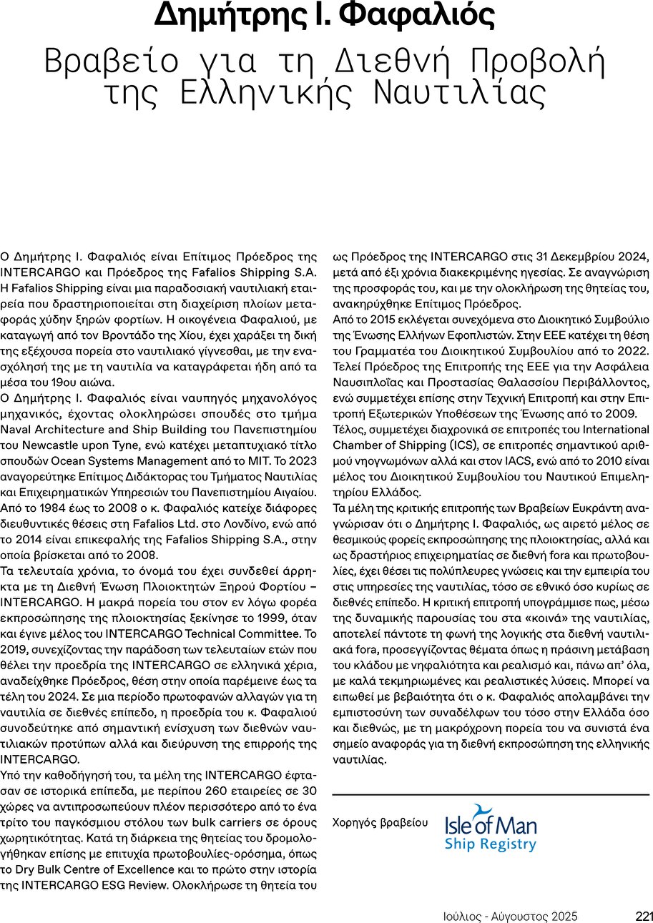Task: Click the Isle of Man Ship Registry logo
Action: click(491, 829)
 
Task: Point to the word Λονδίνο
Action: click(247, 526)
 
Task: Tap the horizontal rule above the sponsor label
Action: click(491, 794)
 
